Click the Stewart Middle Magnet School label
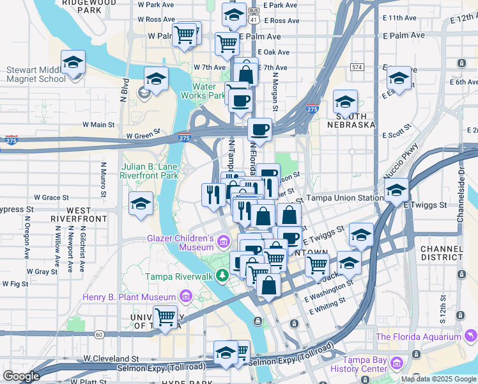click(36, 74)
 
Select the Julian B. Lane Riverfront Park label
click(150, 170)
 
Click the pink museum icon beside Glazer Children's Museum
click(223, 242)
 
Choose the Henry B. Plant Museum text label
click(128, 297)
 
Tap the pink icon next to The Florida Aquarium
click(470, 336)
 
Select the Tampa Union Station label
click(345, 198)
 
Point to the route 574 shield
click(357, 67)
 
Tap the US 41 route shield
click(254, 20)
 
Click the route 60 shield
click(98, 334)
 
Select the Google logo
click(21, 376)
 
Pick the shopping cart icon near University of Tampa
click(166, 316)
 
